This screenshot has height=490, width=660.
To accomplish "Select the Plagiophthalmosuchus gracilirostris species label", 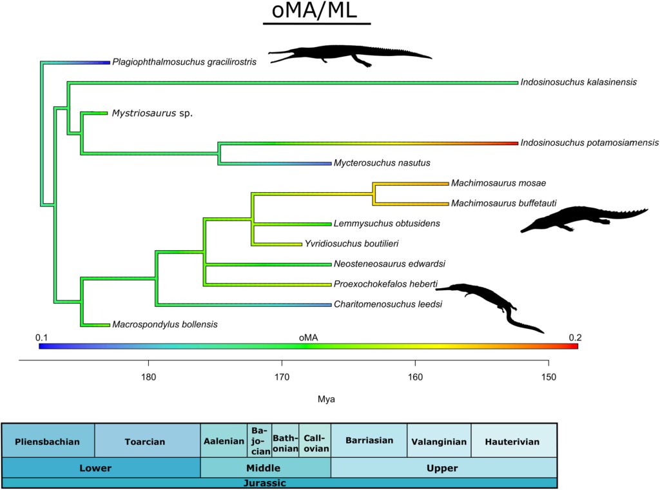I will coord(184,63).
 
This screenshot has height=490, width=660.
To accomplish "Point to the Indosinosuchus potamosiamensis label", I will coord(589,142).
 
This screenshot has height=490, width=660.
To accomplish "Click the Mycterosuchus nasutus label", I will coord(382,163).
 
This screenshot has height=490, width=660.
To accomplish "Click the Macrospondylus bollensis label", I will coord(164,324).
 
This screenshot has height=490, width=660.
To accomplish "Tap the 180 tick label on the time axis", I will coord(149,378).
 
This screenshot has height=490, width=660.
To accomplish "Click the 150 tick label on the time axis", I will coord(548,378).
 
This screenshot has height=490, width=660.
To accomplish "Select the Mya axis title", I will coord(326,399).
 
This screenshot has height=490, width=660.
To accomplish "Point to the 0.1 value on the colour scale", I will coord(42,337).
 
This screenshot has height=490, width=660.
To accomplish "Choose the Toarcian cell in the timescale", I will coord(144,442).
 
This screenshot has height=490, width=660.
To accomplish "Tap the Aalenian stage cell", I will coord(224,442).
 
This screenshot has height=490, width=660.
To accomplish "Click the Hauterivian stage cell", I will coord(514,442).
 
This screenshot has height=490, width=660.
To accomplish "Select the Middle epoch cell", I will coord(266,468).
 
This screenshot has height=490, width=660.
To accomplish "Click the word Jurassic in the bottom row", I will coord(279,483).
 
